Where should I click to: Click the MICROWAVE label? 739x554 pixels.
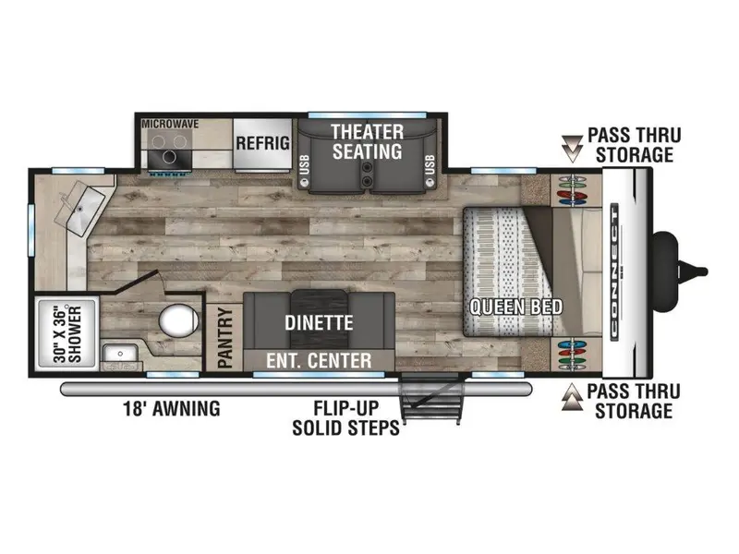click(x=170, y=124)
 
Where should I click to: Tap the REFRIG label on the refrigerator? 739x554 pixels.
click(x=263, y=143)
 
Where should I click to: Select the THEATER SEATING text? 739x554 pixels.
click(x=367, y=142)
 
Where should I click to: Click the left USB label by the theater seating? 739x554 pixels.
click(x=305, y=165)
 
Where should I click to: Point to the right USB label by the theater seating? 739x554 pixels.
click(x=430, y=165)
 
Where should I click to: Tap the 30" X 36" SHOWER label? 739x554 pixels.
click(x=67, y=334)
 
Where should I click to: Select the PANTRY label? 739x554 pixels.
click(x=225, y=338)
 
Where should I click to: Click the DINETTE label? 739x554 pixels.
click(x=319, y=323)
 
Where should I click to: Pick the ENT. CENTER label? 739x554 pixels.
click(x=319, y=361)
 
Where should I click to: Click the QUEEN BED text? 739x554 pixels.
click(x=516, y=307)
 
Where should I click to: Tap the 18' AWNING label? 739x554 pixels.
click(x=172, y=408)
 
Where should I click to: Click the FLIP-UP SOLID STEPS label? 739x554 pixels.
click(x=345, y=418)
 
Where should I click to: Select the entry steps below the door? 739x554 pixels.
click(x=430, y=399)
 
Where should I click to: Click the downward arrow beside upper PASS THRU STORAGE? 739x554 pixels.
click(x=573, y=149)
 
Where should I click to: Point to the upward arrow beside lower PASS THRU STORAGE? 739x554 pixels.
click(x=573, y=397)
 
